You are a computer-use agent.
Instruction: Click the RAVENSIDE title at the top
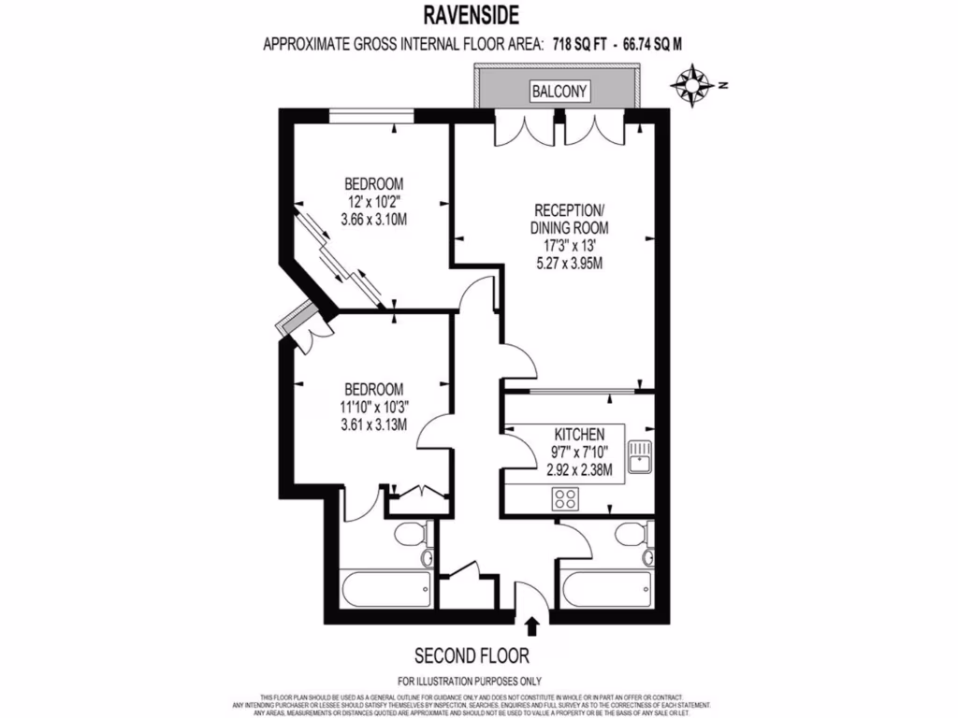point(479,15)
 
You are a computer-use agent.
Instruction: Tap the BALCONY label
point(560,92)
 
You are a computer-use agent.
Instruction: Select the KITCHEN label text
point(579,435)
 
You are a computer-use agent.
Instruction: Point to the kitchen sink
point(640,458)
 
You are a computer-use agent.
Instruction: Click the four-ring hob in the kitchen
point(566,497)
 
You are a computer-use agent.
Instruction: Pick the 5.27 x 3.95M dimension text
point(569,263)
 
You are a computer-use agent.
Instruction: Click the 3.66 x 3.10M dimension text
point(373,219)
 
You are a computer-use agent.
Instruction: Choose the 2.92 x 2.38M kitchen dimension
point(579,470)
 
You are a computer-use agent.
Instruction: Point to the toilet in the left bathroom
point(409,537)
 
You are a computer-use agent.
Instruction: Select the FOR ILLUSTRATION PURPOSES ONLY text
point(470,681)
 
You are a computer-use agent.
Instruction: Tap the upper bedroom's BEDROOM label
point(373,182)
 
